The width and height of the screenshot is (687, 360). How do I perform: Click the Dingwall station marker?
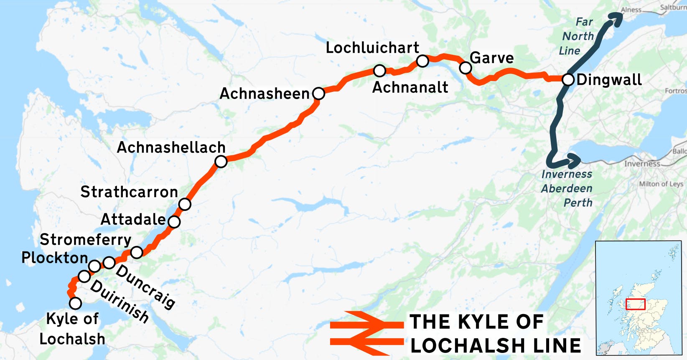tap(568, 79)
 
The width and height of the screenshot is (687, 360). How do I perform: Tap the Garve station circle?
tap(466, 68)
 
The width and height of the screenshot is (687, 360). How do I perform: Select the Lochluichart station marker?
tap(422, 61)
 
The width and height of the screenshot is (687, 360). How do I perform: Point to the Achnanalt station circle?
tap(379, 71)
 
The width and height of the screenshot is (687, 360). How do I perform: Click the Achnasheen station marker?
tap(318, 94)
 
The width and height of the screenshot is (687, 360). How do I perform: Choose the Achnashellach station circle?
tap(221, 161)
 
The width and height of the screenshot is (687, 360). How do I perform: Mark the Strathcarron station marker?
tap(185, 204)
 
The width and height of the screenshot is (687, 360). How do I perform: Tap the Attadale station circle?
tap(174, 221)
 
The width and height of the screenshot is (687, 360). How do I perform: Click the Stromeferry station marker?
tap(137, 252)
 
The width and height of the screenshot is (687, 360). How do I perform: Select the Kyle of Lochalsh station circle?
tap(75, 303)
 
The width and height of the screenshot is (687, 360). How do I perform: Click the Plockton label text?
tap(55, 258)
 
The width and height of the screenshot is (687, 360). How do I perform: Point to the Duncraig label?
tap(145, 286)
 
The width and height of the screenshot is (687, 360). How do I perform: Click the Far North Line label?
tap(577, 36)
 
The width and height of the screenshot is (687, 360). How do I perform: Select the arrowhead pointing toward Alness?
tap(615, 19)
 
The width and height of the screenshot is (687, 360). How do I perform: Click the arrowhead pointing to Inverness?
tap(574, 160)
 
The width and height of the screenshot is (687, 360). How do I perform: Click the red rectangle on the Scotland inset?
tap(635, 304)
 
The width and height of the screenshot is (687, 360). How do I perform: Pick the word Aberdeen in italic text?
tap(567, 188)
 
